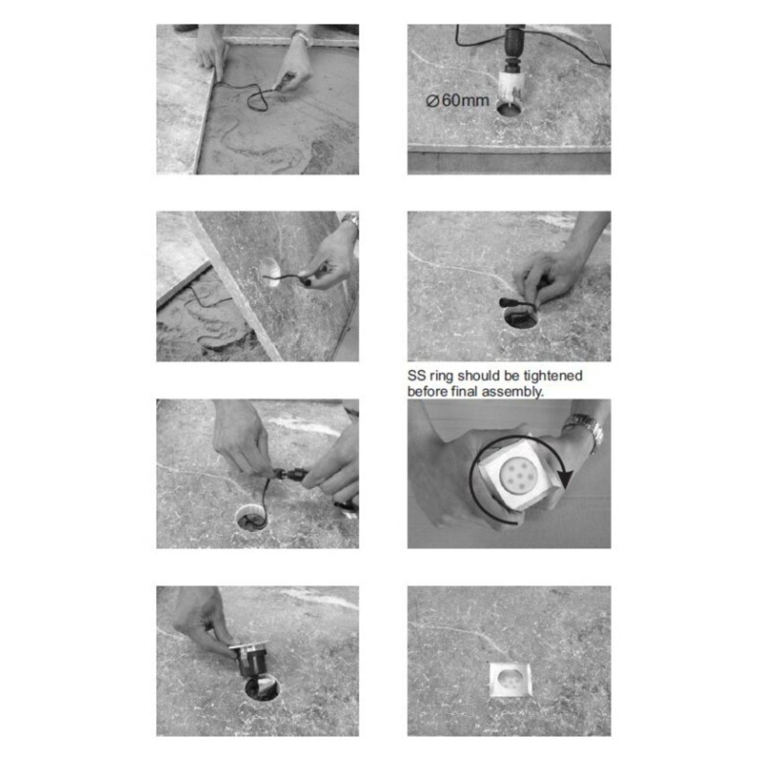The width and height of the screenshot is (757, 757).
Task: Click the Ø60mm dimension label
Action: point(458,101)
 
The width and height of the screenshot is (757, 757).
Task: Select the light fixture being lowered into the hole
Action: point(249,659)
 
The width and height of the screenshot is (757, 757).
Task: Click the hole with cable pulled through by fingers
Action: point(521,317)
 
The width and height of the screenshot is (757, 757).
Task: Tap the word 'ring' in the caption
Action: point(441,377)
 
